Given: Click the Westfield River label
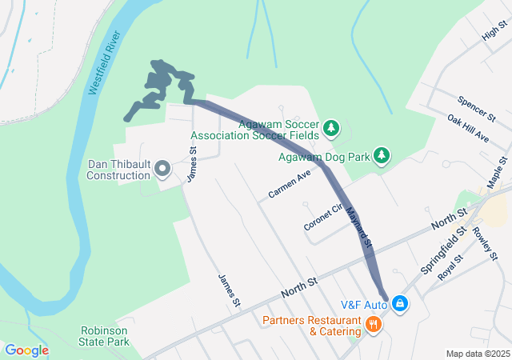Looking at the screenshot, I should coord(102,66).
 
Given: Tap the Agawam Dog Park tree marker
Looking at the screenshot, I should coord(382,154).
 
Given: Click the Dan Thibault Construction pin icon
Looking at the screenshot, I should coord(162,168).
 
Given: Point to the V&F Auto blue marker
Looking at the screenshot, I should coord(399,304).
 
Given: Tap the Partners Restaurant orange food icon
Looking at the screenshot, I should coord(373,324).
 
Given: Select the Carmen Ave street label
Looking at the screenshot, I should coord(290,185).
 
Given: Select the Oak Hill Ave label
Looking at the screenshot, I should coord(469,128).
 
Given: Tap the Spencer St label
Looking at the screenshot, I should coord(477,109).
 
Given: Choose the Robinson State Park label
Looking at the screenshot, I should coord(105,336).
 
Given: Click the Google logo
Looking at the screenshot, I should coord(26,350).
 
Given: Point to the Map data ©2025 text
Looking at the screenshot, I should coord(477,354).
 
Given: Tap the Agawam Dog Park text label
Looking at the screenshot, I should coord(324,157).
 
